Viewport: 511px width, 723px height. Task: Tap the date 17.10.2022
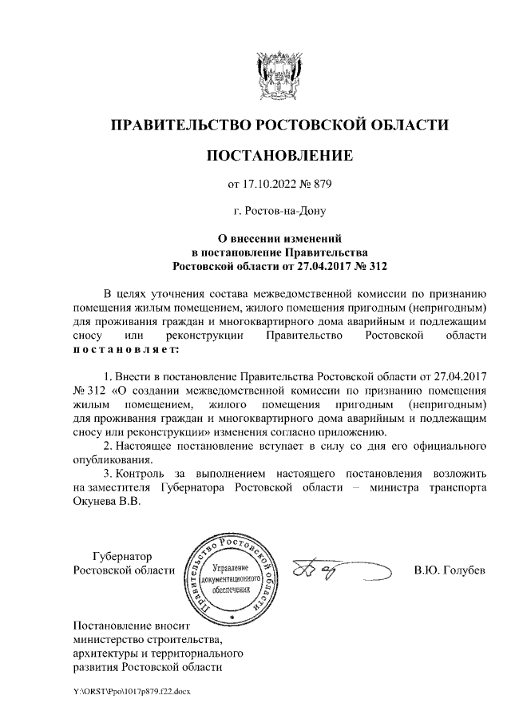268,185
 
